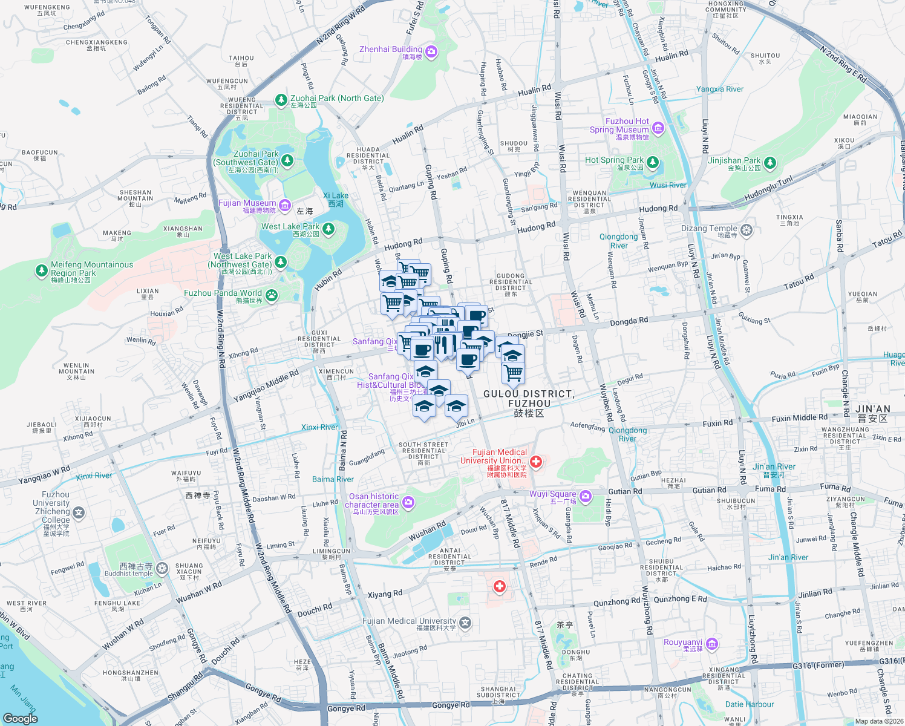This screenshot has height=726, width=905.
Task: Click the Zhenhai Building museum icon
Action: (x=431, y=52)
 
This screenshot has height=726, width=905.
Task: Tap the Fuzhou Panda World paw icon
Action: (x=272, y=295)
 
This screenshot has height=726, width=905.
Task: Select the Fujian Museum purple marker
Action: (x=285, y=206)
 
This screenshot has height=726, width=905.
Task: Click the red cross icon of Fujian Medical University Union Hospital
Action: (x=536, y=462)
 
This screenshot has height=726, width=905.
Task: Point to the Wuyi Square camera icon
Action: (x=585, y=497)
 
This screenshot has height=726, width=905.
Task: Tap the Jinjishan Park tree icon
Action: (x=769, y=163)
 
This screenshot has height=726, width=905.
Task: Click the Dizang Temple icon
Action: (x=747, y=231)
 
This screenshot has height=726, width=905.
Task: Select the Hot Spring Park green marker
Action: (x=652, y=162)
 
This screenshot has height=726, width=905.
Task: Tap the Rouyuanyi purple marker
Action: (x=711, y=644)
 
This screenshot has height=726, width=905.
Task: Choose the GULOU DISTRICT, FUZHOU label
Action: (x=529, y=399)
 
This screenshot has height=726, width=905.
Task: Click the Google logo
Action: (x=20, y=718)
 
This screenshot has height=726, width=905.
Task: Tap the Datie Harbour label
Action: (x=749, y=704)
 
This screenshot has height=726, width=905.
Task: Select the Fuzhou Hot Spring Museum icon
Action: (x=658, y=128)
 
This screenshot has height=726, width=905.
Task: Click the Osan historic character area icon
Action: (x=408, y=502)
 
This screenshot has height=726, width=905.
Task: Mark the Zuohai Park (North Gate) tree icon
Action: (x=281, y=100)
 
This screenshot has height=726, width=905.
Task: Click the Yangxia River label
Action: (x=719, y=89)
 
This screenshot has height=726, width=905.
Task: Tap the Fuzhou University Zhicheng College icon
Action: (x=79, y=513)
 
